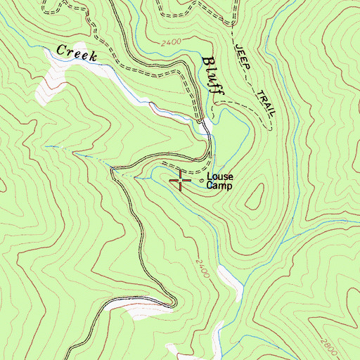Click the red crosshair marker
[x=181, y=181]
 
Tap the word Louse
[x=219, y=177]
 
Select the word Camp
[x=218, y=186]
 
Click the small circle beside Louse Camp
[x=202, y=183]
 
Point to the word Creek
[x=75, y=53]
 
